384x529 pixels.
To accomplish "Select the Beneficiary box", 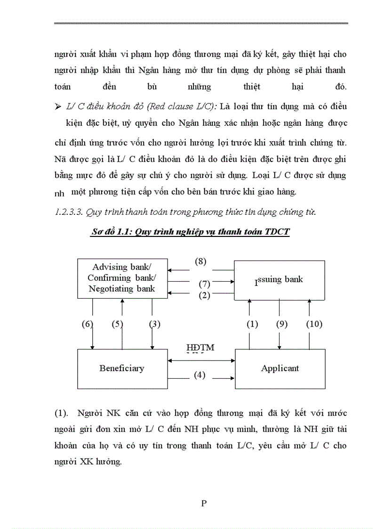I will (122, 368).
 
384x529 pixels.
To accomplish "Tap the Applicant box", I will (280, 368).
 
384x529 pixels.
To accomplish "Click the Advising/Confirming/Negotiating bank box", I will (122, 278).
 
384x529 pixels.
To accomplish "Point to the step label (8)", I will (200, 261).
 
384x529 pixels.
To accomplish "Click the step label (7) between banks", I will (204, 284).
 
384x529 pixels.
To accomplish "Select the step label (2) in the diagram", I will (204, 295).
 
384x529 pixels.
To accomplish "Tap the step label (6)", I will (88, 324).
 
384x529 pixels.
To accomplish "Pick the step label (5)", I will (117, 324).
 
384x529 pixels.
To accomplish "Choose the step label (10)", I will (314, 324).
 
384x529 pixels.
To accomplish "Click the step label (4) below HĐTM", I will (200, 375).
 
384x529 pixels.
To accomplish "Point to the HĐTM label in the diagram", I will (200, 348).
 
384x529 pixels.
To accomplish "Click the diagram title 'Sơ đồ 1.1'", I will (189, 233).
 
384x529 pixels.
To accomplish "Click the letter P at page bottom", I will (204, 503).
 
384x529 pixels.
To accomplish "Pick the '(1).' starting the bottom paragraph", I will (63, 414).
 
